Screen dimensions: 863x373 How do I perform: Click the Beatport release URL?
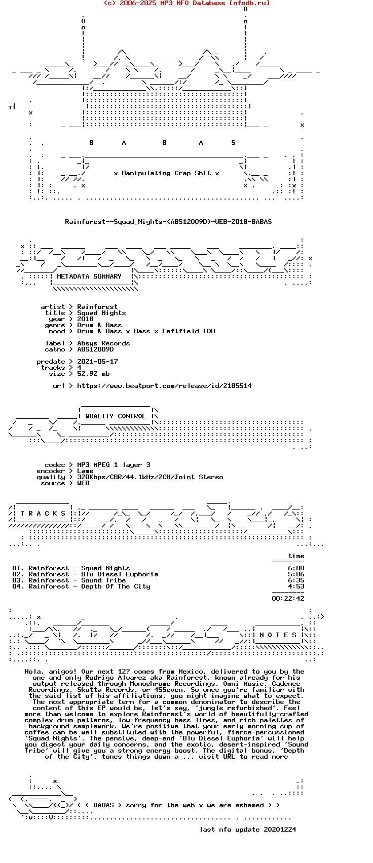pyautogui.click(x=164, y=386)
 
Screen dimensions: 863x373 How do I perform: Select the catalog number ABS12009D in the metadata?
pyautogui.click(x=95, y=349)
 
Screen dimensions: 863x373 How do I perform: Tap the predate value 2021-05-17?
pyautogui.click(x=97, y=362)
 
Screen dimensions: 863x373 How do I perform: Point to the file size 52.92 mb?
pyautogui.click(x=93, y=374)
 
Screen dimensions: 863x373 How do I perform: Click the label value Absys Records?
pyautogui.click(x=103, y=343)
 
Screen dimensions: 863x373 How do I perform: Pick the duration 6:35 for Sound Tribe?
pyautogui.click(x=296, y=580)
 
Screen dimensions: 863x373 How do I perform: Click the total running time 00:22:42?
pyautogui.click(x=288, y=599)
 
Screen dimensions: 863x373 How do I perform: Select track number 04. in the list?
pyautogui.click(x=18, y=586)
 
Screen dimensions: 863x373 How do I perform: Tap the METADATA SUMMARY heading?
pyautogui.click(x=89, y=277)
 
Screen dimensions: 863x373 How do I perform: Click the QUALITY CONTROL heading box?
pyautogui.click(x=116, y=416)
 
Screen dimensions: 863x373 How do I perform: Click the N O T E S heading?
pyautogui.click(x=278, y=635)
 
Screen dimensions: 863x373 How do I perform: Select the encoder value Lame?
pyautogui.click(x=85, y=471)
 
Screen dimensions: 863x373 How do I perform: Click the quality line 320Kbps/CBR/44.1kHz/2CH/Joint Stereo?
pyautogui.click(x=150, y=477)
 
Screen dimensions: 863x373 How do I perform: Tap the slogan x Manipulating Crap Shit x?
pyautogui.click(x=166, y=173)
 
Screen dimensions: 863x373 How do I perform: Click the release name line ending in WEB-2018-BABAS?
pyautogui.click(x=168, y=222)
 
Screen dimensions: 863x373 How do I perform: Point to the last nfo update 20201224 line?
pyautogui.click(x=248, y=830)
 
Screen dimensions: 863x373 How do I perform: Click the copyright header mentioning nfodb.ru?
pyautogui.click(x=186, y=3)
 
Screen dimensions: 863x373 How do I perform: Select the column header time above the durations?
pyautogui.click(x=296, y=556)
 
